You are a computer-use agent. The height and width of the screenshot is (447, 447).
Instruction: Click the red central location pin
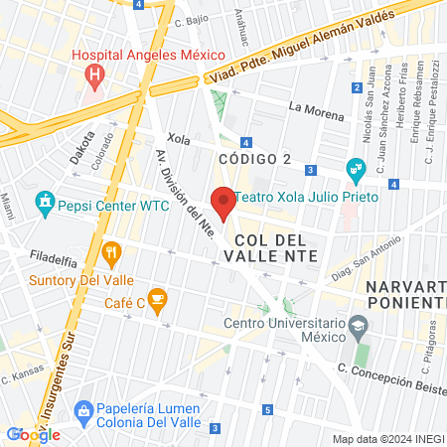coord(223,202)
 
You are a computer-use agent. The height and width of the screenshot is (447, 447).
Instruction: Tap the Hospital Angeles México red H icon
coord(94,74)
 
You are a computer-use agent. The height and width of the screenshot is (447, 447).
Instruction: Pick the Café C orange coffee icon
coord(159,295)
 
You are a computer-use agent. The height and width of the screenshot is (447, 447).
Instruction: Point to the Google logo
coord(33,434)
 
